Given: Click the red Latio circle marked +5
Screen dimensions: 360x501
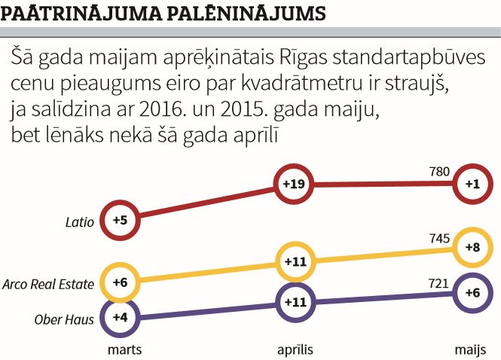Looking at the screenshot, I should tap(120, 220).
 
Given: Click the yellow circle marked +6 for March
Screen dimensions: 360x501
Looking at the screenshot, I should tap(120, 282).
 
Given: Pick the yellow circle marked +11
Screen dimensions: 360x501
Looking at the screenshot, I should tap(292, 261).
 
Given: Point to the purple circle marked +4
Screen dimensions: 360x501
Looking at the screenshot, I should tap(120, 317).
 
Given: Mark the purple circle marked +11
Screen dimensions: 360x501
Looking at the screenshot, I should tap(292, 301).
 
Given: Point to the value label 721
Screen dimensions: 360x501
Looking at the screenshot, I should tap(438, 284).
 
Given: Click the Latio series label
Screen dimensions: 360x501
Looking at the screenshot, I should tap(80, 222).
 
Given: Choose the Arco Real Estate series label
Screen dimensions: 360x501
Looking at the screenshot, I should tap(48, 284).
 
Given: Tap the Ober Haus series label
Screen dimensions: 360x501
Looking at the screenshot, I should tap(64, 319).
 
